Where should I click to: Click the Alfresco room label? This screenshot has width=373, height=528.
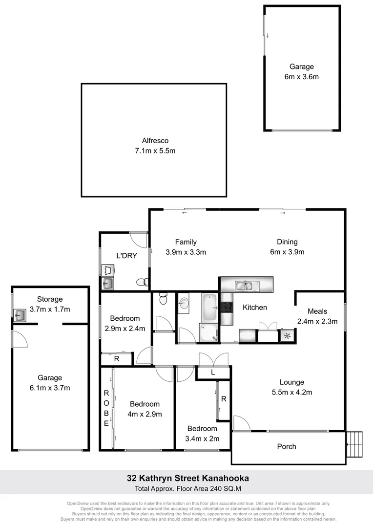pos(154,141)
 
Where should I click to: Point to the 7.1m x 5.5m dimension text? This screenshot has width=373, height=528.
pos(154,151)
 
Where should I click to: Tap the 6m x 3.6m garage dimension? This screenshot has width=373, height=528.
pos(301,77)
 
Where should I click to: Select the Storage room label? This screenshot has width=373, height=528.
pos(50,299)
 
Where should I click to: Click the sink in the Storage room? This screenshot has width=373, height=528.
pos(20,315)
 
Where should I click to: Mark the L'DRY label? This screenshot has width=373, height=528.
pos(126,256)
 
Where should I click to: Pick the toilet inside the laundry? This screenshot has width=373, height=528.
pos(141,282)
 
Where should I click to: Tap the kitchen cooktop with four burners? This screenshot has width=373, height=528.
pos(227,307)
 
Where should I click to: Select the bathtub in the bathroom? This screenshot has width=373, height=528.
pos(210,304)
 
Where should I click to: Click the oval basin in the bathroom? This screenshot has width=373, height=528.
pos(185,304)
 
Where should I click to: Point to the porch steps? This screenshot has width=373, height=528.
pos(355,444)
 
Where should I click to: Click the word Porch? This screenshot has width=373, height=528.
pos(287,446)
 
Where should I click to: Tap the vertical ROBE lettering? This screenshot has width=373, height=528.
pos(106,408)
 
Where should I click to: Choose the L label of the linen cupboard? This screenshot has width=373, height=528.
pos(212,373)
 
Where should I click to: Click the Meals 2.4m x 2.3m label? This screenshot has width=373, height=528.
pos(318,316)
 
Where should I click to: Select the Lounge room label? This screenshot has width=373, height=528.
pos(292,382)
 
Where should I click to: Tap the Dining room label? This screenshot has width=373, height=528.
pos(287,242)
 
